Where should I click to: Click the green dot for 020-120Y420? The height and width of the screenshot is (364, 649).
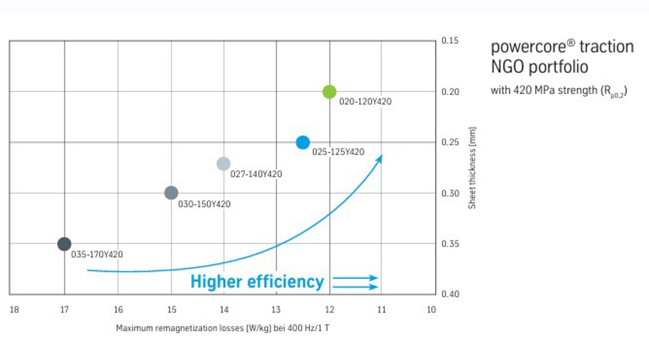(329, 92)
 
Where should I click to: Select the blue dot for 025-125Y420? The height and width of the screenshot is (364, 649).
(303, 143)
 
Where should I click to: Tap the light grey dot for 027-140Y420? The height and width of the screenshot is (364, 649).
(223, 164)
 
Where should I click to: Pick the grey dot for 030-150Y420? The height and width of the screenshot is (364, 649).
(171, 193)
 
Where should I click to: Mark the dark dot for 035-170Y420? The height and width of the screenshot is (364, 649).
(64, 244)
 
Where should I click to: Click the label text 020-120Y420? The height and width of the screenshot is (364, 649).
(365, 102)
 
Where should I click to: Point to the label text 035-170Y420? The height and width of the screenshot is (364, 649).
(97, 254)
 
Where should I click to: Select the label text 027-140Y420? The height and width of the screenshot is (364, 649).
(256, 174)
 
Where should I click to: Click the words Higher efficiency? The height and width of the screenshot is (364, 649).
(257, 281)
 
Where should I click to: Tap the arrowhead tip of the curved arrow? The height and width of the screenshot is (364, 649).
(382, 156)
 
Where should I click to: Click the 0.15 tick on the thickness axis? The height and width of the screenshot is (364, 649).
(450, 41)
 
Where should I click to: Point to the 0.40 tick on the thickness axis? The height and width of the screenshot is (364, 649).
(450, 294)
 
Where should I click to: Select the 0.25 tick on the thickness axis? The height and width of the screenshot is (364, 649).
(450, 142)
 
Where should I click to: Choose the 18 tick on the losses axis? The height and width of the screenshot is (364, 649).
(14, 310)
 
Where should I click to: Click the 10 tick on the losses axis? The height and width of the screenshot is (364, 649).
(431, 310)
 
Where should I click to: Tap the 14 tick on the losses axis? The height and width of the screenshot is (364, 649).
(224, 310)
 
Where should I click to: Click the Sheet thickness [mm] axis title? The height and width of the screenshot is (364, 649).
(472, 168)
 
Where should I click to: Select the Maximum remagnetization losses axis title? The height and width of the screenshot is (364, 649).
(223, 328)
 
